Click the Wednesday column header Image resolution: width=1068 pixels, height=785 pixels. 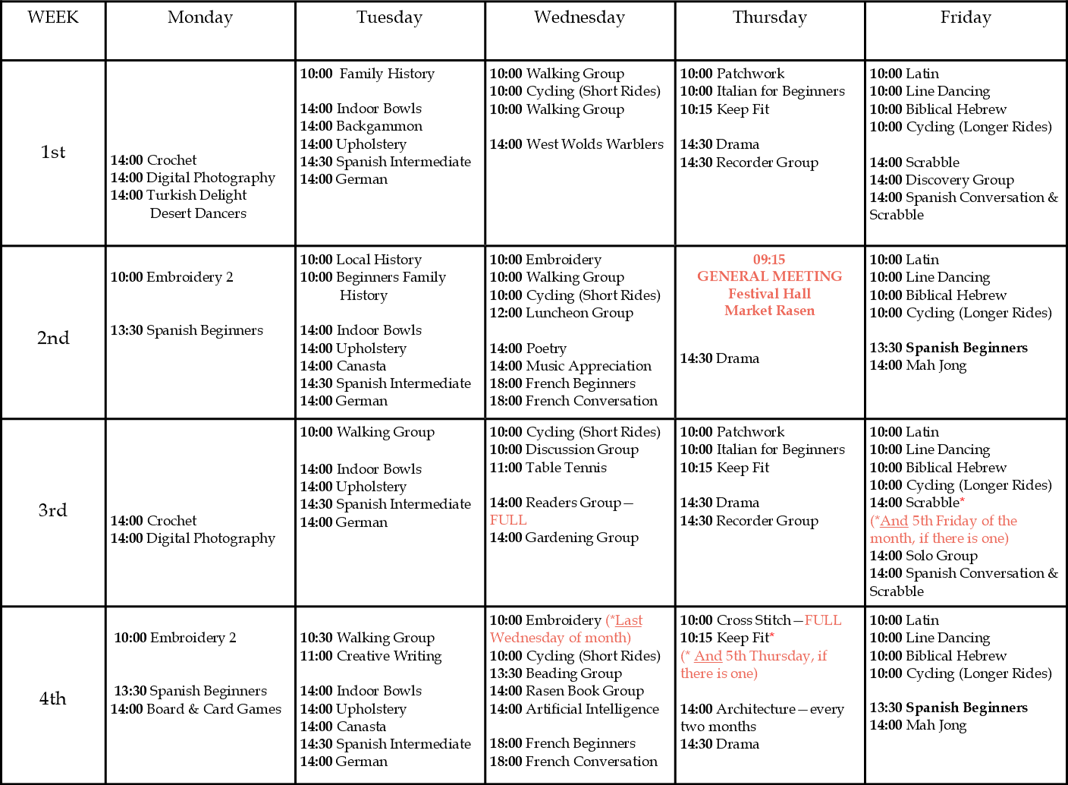point(580,17)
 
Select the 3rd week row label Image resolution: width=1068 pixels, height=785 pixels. point(53,510)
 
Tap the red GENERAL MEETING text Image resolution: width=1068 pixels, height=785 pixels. point(770,276)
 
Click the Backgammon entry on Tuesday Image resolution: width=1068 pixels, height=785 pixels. point(361,126)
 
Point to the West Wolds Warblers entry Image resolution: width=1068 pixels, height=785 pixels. point(576,144)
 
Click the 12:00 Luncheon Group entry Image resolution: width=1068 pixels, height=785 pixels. point(561,313)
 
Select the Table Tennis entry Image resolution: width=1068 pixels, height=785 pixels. point(548,468)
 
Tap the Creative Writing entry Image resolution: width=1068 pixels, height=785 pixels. point(371,656)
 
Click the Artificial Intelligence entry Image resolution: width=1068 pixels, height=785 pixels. point(574,709)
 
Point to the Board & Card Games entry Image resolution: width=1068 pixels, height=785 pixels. point(196,709)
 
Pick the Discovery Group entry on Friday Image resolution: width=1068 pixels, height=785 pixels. point(941,180)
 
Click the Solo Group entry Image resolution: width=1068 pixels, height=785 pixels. point(924,556)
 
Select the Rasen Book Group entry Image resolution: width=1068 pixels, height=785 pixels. point(567,691)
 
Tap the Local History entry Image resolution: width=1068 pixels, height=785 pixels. point(361,260)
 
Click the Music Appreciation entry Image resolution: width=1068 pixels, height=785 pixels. point(570,366)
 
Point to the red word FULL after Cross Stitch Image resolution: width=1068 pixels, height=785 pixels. point(823,620)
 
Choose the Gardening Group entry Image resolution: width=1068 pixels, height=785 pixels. point(564,538)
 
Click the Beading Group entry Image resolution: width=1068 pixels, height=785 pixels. point(556,673)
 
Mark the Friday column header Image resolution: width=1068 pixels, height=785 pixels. point(966,17)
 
